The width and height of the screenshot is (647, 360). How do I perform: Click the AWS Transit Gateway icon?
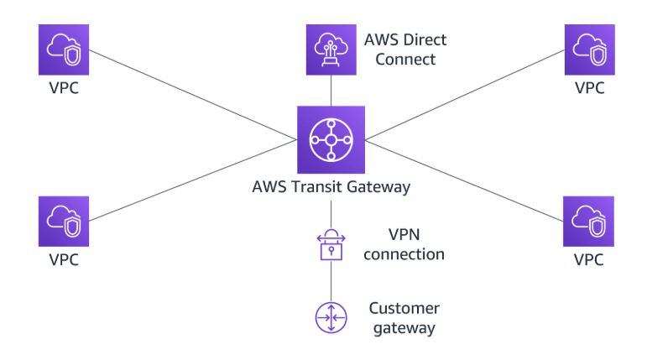tap(331, 139)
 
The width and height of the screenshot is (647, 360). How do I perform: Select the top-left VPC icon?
tap(63, 50)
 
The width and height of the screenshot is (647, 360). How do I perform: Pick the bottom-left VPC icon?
tap(64, 222)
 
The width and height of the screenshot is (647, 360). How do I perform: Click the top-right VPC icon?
tap(588, 50)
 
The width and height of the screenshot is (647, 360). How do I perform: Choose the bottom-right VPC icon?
tap(587, 222)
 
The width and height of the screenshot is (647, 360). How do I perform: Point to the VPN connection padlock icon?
tap(331, 243)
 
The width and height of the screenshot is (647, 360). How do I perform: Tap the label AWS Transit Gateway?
tap(331, 186)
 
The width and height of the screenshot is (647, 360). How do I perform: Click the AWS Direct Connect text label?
tap(405, 50)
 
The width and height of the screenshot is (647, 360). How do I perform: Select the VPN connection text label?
tap(404, 243)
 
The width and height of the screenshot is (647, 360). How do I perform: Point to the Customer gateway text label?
tap(404, 318)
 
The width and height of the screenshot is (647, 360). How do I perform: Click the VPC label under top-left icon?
tap(64, 87)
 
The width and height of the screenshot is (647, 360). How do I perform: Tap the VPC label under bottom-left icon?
tap(64, 259)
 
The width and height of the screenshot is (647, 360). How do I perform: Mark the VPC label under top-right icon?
tap(588, 87)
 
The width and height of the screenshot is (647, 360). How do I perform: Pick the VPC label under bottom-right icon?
tap(587, 259)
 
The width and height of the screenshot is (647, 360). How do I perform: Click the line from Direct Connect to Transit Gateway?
tap(331, 91)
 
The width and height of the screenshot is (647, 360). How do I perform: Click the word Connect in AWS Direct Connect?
tap(405, 60)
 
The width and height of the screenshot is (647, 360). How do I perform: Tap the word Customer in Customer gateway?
tap(404, 308)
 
